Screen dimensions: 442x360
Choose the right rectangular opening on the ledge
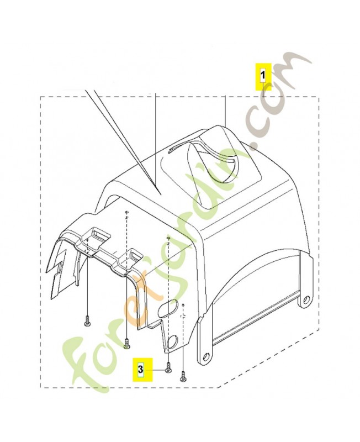133,255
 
